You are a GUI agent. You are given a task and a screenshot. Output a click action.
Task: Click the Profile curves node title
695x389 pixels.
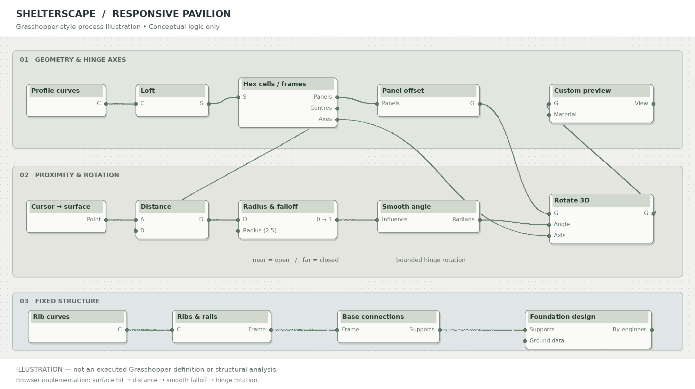coord(56,91)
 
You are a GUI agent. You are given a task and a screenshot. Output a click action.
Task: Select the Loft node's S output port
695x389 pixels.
coord(208,104)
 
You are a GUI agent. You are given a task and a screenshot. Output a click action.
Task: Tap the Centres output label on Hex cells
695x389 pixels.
coord(321,108)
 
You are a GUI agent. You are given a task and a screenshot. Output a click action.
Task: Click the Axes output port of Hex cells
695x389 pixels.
coord(337,119)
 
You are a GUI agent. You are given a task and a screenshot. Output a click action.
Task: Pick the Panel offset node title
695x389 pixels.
coord(403,91)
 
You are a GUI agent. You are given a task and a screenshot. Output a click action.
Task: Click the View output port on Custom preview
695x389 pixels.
coord(653,104)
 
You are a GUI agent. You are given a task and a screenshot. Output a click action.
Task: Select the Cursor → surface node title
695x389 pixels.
coord(61,207)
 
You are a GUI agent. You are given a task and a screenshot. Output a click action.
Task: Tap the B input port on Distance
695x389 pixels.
coord(136,231)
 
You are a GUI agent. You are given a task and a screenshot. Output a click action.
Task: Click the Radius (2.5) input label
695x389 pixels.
coord(260,231)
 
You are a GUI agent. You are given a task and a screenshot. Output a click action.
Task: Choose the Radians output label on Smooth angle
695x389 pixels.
coord(463,220)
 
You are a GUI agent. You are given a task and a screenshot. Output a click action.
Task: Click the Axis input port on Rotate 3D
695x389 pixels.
coord(549,236)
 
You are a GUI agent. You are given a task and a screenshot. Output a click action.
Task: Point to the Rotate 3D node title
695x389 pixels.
coord(572,200)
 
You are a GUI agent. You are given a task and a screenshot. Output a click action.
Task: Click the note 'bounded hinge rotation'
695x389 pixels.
coord(431,260)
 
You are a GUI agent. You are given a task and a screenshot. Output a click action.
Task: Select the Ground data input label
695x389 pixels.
coord(547,341)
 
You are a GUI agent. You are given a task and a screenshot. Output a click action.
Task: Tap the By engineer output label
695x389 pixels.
coord(629,330)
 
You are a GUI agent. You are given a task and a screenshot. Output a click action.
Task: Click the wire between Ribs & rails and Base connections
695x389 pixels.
coord(304,330)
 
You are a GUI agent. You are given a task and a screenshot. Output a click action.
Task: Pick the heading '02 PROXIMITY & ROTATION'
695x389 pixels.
coord(69,175)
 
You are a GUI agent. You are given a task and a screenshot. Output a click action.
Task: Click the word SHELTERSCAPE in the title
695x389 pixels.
coord(56,14)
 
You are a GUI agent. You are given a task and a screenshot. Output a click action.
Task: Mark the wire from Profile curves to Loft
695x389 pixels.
coord(121,104)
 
